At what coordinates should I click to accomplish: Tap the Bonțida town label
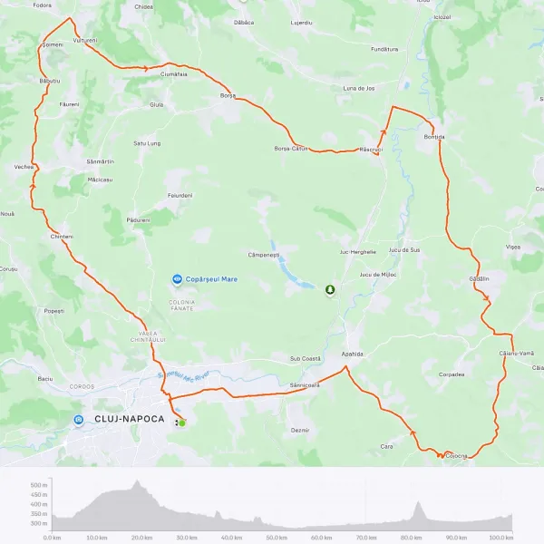pyautogui.click(x=435, y=137)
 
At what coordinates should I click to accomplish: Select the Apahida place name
pyautogui.click(x=353, y=354)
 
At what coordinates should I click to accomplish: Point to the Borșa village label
pyautogui.click(x=228, y=95)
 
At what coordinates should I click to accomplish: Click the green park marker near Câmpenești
pyautogui.click(x=330, y=290)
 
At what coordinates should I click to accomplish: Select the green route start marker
pyautogui.click(x=181, y=423)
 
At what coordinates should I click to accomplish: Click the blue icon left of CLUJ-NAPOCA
pyautogui.click(x=79, y=419)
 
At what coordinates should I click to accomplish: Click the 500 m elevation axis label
pyautogui.click(x=38, y=486)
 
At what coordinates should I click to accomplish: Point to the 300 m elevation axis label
pyautogui.click(x=38, y=523)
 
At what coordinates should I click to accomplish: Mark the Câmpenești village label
pyautogui.click(x=266, y=256)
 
